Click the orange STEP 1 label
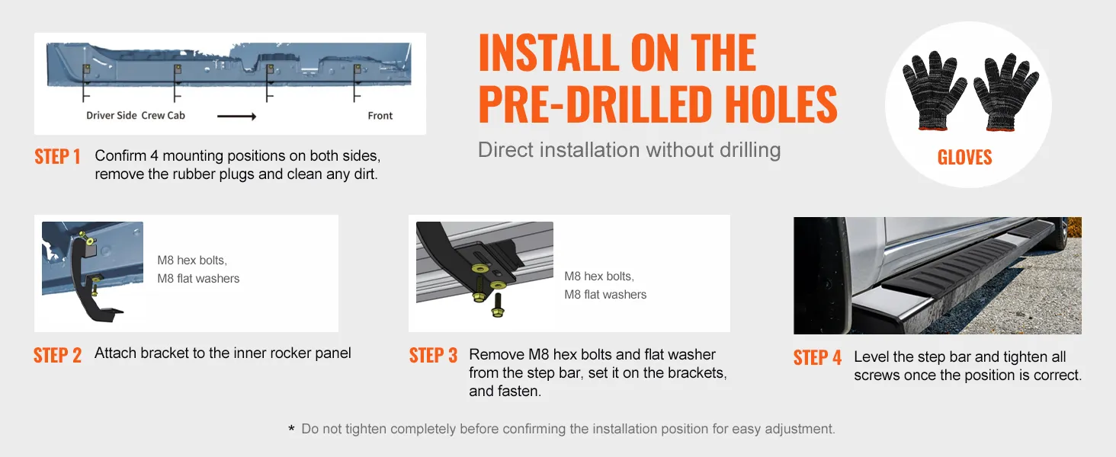tap(57, 156)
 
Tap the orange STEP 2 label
tap(57, 355)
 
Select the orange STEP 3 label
tap(433, 355)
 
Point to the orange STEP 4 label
tap(817, 357)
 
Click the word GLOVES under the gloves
tap(964, 158)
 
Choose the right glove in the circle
tap(1005, 93)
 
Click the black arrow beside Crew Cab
tap(236, 117)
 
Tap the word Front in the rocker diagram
tap(380, 116)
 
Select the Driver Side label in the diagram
tap(111, 116)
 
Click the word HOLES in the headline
tap(781, 104)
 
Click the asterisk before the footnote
tap(291, 428)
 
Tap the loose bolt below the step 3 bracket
tap(498, 305)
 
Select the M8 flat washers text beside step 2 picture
tap(198, 278)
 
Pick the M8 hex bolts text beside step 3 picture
tap(599, 276)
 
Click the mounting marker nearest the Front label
tap(358, 82)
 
